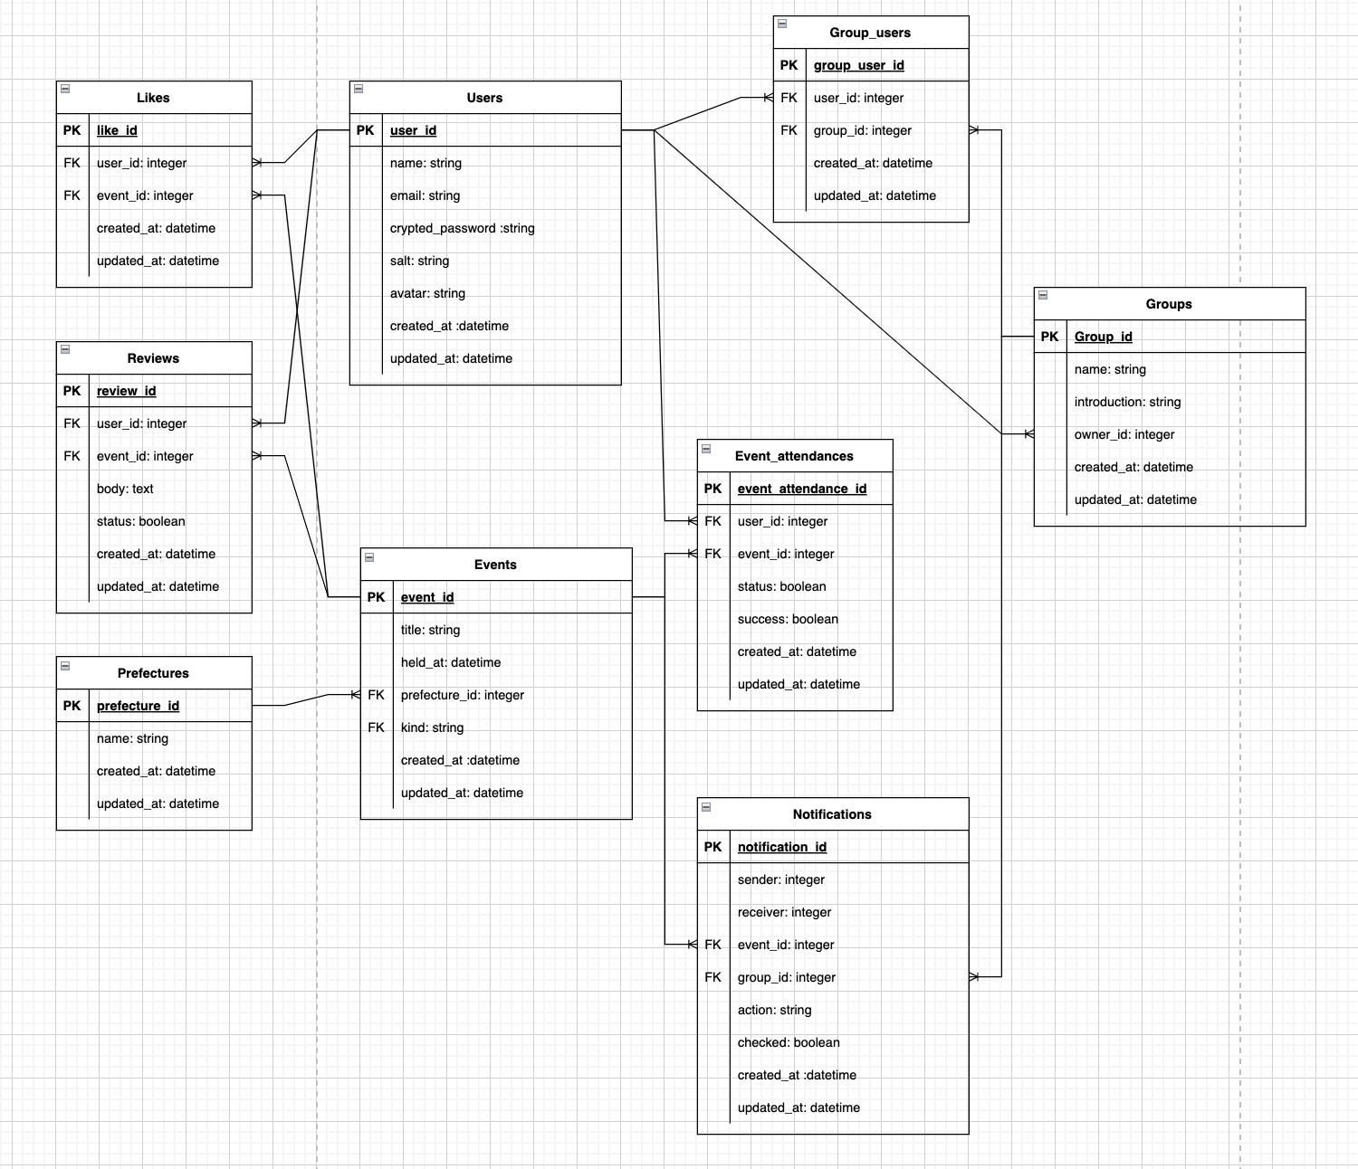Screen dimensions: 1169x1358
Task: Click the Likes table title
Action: tap(153, 98)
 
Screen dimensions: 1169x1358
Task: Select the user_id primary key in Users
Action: tap(413, 130)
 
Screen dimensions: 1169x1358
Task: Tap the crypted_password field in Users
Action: tap(462, 228)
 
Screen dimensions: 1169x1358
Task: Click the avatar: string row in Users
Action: tap(427, 293)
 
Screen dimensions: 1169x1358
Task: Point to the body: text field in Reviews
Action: tap(125, 489)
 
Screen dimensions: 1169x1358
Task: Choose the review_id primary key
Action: tap(126, 391)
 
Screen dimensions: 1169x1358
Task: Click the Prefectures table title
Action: tap(153, 673)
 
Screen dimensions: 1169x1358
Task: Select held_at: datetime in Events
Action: tap(450, 662)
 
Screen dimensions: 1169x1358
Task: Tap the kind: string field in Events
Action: tap(432, 727)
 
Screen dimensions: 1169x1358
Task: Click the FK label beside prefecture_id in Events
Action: tap(376, 695)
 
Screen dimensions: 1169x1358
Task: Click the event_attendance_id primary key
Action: tap(801, 489)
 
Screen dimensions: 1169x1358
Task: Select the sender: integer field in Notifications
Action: tap(780, 879)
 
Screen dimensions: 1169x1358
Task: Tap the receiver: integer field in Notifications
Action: tap(784, 912)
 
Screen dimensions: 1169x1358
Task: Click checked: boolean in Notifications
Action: tap(789, 1042)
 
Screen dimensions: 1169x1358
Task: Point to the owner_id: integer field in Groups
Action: tap(1124, 434)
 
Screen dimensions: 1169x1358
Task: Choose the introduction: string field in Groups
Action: tap(1127, 402)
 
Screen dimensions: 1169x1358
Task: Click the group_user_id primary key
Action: tap(858, 65)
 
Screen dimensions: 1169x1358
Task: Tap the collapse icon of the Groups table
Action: tap(1043, 295)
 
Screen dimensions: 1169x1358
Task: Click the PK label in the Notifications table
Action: tap(712, 847)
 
